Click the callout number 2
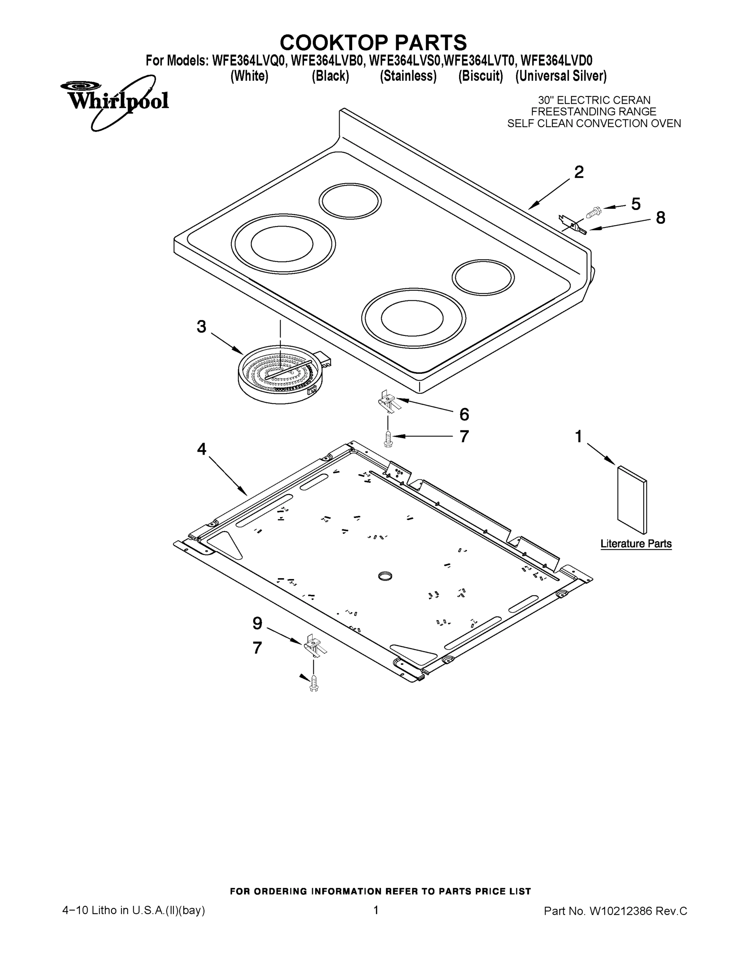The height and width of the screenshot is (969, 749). [579, 172]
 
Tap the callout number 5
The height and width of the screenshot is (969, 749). [636, 204]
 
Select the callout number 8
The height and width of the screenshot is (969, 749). [660, 218]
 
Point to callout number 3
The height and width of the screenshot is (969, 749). [201, 327]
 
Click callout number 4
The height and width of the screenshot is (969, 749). [201, 449]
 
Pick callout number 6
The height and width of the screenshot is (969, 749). [464, 414]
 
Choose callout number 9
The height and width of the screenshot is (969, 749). [257, 623]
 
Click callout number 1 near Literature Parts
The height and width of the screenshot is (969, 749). [579, 436]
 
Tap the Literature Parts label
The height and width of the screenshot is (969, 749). [636, 544]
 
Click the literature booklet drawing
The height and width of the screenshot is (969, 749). [632, 499]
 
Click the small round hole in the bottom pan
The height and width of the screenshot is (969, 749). [385, 576]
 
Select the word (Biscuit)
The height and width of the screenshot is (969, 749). [480, 76]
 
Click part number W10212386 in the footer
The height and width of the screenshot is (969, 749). [620, 911]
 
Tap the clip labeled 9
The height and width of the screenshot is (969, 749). [314, 647]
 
